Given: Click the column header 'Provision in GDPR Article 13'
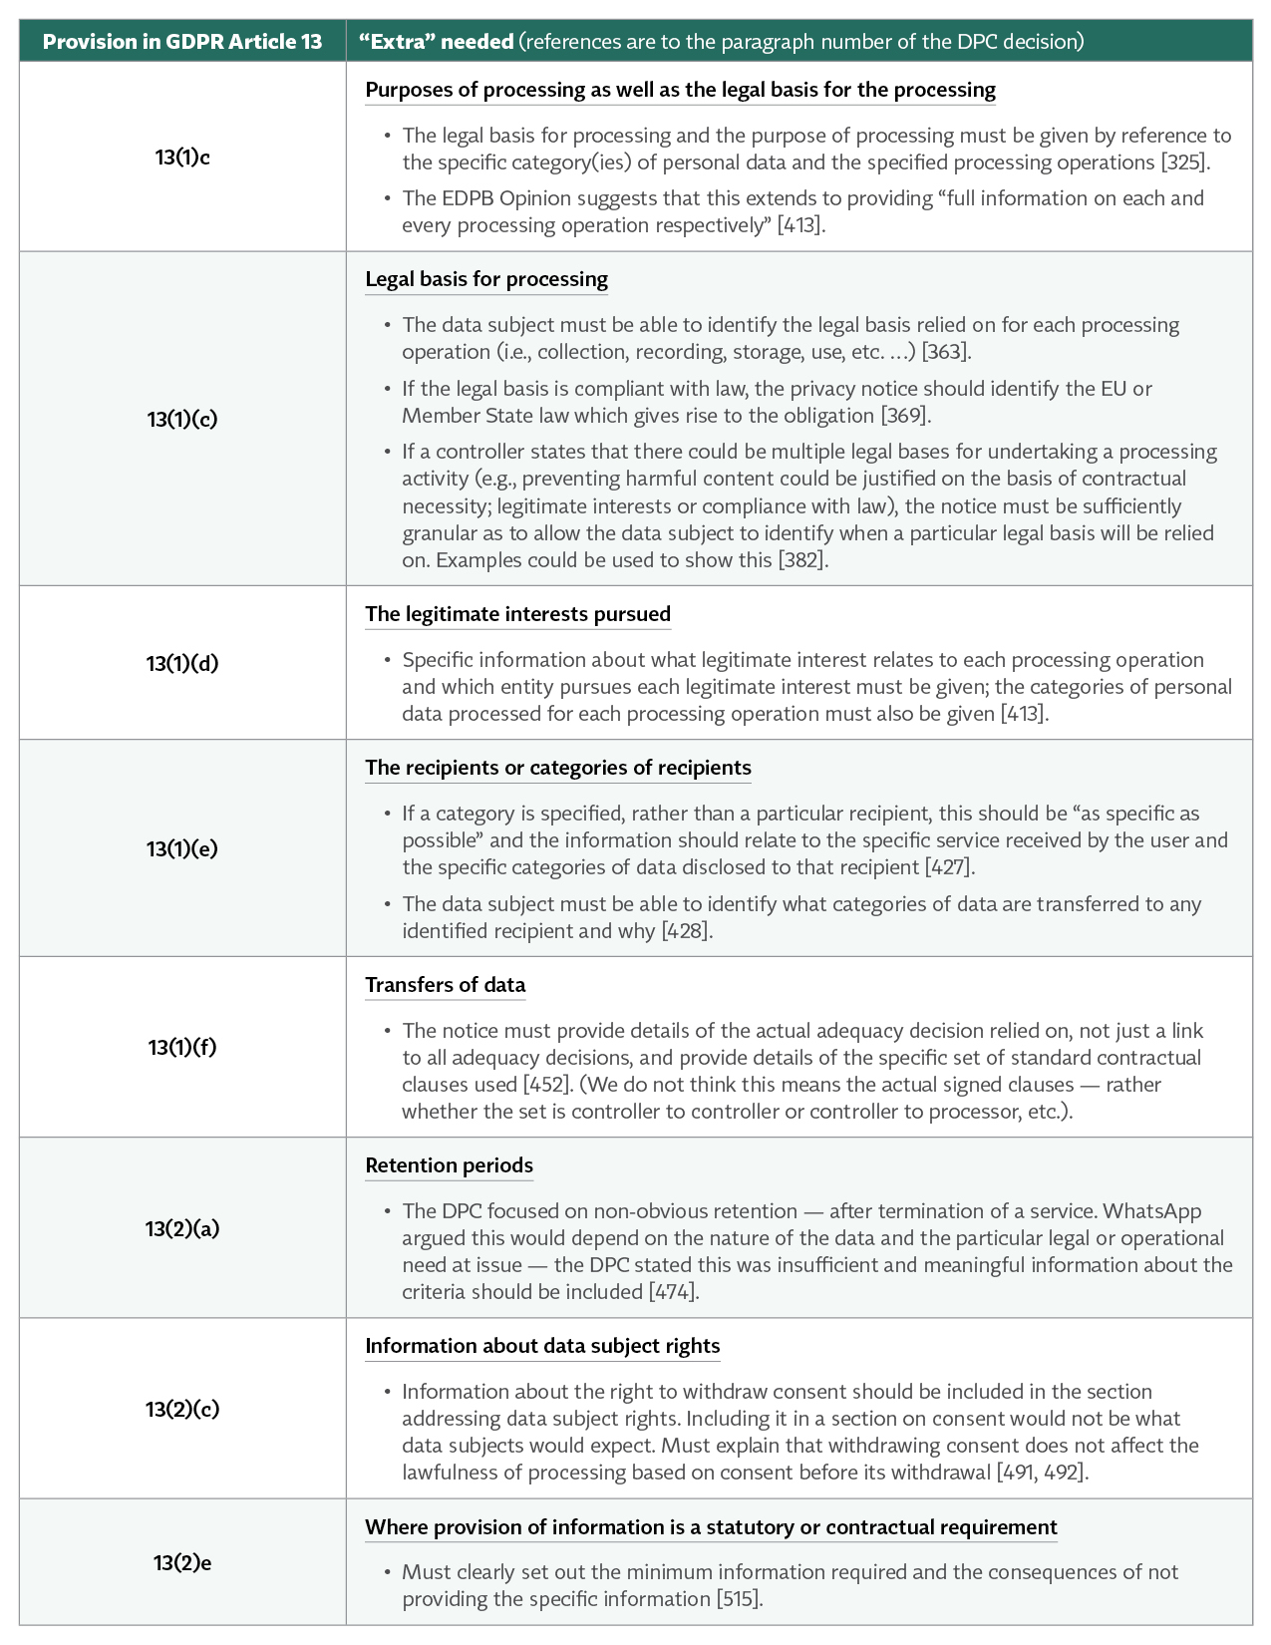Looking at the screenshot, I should pos(182,42).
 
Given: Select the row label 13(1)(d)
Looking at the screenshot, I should pos(182,663).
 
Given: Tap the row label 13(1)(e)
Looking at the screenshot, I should pos(182,848).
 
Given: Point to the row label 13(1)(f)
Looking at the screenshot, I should pos(182,1047).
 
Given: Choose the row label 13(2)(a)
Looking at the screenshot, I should pos(182,1228).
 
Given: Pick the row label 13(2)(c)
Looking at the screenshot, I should pos(182,1409).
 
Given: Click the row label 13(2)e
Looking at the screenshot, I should pos(182,1562).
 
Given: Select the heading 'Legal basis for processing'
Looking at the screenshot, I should pos(486,279).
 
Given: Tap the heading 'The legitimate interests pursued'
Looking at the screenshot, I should pos(517,614).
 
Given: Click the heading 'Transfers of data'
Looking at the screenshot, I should pos(445,985).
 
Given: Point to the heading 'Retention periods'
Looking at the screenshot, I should pos(449,1165).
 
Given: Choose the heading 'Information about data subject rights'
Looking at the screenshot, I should pos(542,1346).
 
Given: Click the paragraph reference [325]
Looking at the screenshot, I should pos(1185,163).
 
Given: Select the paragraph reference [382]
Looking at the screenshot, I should pos(802,560).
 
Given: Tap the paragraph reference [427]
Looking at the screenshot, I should pos(949,867).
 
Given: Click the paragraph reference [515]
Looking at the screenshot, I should pos(739,1599).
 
